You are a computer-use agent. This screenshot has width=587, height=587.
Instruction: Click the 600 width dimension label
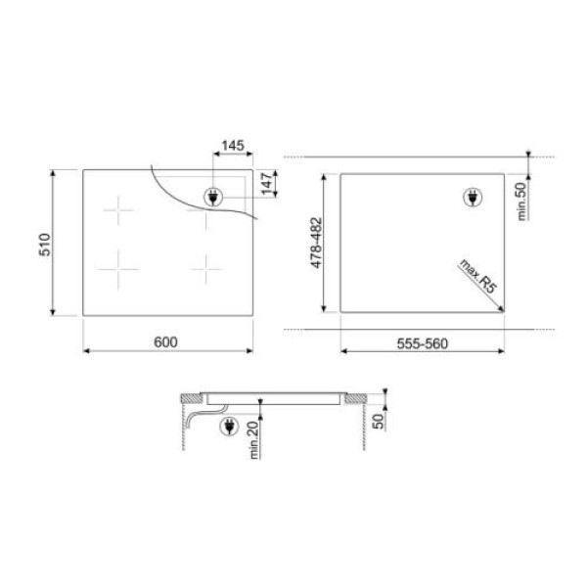[165, 341]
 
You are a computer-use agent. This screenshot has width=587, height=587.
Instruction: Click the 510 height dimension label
[44, 243]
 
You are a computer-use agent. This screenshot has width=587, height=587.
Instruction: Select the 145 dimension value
[232, 146]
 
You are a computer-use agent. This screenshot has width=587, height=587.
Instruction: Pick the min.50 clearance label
[520, 199]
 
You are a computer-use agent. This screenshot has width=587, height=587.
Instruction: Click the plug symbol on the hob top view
[212, 195]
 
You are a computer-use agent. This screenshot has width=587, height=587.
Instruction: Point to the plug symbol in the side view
[231, 427]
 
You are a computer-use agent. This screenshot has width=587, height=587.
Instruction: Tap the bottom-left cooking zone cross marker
[119, 265]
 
